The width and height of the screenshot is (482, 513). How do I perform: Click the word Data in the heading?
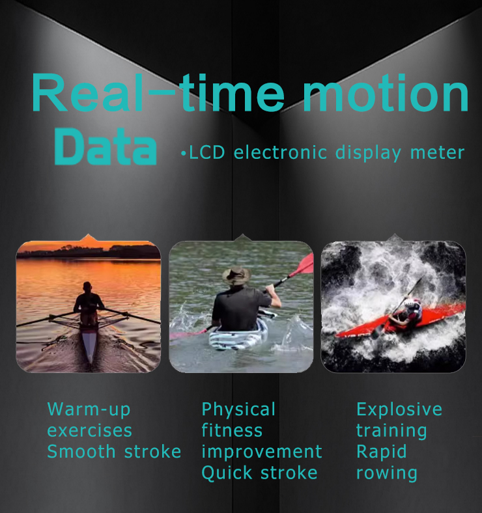(x=106, y=146)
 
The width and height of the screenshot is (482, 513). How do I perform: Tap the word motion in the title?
(x=386, y=93)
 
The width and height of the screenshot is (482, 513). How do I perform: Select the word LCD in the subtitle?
(x=207, y=152)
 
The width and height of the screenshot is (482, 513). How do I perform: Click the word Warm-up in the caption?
(x=89, y=409)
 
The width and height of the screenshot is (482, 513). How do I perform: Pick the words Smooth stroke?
(x=114, y=452)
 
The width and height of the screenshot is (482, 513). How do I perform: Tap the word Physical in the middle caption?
(x=238, y=409)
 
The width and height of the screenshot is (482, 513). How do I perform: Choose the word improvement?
(x=262, y=452)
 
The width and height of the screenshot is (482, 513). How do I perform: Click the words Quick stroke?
(x=259, y=473)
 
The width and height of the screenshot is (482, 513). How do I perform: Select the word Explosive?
(x=399, y=409)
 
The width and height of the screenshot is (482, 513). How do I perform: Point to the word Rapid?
(x=382, y=452)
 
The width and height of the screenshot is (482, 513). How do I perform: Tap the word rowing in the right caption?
(x=387, y=473)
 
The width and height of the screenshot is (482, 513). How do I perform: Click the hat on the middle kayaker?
(x=236, y=275)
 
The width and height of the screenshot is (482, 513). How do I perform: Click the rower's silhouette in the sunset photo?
(x=87, y=303)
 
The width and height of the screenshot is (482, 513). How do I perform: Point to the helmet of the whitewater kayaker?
(x=412, y=306)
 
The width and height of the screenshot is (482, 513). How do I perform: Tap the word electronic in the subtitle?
(x=280, y=152)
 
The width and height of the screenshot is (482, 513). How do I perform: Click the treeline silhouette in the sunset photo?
(x=89, y=252)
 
